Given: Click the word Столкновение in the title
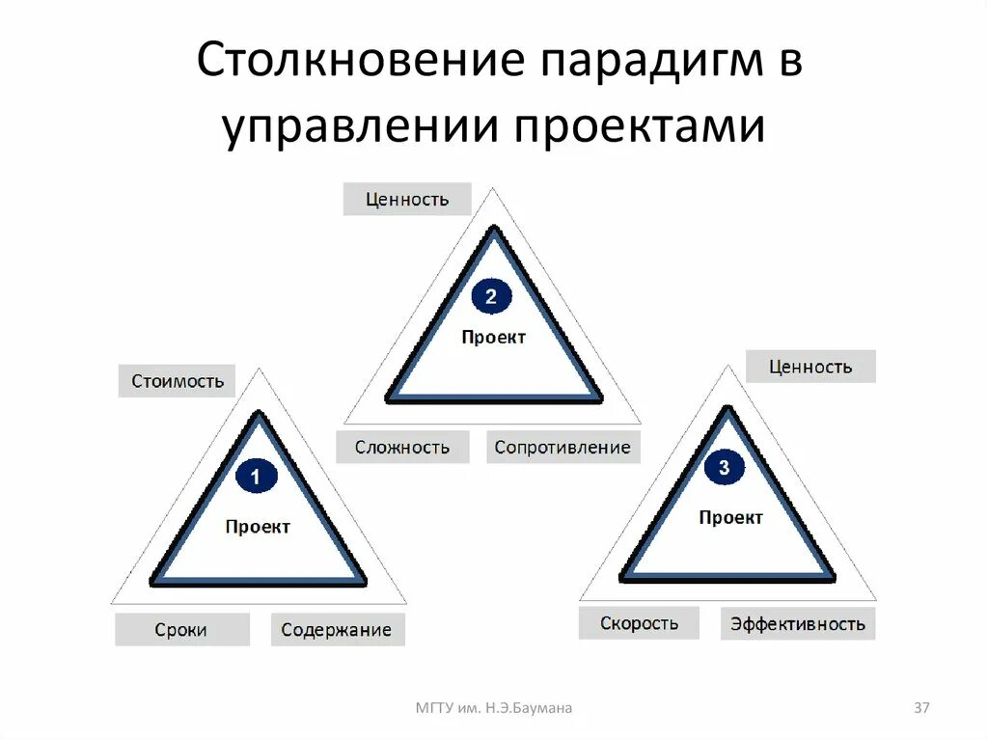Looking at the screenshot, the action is pos(357,62).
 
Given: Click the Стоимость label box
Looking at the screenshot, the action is pos(178,381).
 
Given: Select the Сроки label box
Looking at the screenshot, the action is pos(180,630).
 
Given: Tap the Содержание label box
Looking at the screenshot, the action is pos(337,630).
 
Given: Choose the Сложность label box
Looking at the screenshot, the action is pos(401,447).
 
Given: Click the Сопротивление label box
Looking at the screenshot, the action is pos(562,447).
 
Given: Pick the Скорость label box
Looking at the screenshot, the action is pos(639,623).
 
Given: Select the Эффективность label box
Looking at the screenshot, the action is pos(797,623).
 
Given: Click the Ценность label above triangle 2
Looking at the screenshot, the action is pos(407,200).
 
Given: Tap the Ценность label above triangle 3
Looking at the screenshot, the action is pos(810,367).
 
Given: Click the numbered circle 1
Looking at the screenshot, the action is pos(256,477).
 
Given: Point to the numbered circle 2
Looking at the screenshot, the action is pos(491,297).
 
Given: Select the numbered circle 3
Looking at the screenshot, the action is pos(726,469).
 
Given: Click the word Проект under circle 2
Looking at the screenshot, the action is pos(493,338).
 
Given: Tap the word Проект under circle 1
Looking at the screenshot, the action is pos(258,527).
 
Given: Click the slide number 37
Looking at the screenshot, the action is pos(921,708).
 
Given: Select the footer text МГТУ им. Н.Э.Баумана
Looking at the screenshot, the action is pos(494,708).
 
